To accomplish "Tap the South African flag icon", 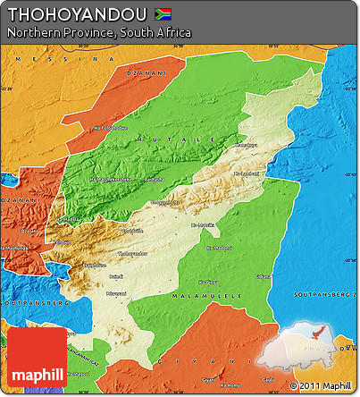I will click(163, 13).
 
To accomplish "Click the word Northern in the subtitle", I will click(32, 32).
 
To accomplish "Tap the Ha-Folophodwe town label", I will click(111, 128).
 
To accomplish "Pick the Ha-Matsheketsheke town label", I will click(108, 179).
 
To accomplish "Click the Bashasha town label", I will click(154, 179).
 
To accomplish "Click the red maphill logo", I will click(35, 356).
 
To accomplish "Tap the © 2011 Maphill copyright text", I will click(320, 386).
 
